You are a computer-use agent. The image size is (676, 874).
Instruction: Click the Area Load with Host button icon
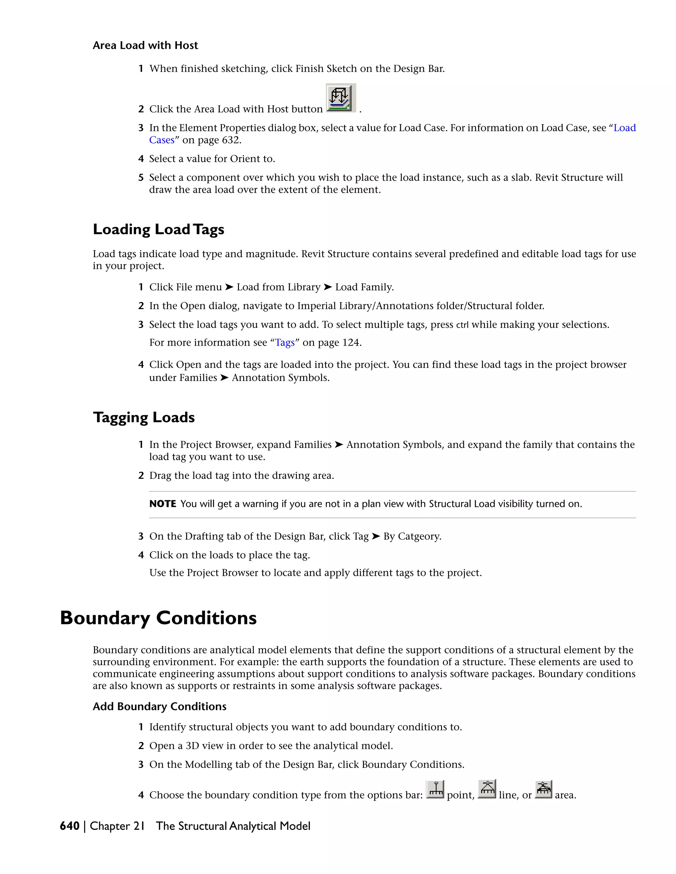[340, 98]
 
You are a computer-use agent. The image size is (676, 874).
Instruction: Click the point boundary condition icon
[435, 790]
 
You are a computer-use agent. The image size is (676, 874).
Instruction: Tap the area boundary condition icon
[543, 789]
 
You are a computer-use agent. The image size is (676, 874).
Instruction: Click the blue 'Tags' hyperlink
[285, 343]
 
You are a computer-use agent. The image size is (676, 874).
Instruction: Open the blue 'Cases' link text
[162, 140]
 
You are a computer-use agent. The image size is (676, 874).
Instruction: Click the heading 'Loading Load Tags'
[158, 229]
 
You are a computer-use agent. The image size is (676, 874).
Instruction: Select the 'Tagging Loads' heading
[144, 418]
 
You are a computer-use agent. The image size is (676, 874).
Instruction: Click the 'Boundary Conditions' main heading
[158, 618]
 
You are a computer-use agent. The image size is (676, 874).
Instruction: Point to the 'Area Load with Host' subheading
[145, 45]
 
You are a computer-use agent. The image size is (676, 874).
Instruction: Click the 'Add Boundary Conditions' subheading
[159, 706]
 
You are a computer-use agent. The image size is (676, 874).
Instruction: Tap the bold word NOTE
[163, 504]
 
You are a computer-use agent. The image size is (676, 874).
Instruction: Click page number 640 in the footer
[70, 826]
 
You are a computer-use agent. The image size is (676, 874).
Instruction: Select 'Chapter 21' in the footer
[117, 826]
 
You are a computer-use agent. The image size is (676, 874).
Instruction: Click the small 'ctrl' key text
[462, 325]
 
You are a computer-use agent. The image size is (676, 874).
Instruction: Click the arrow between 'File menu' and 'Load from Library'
[229, 287]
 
